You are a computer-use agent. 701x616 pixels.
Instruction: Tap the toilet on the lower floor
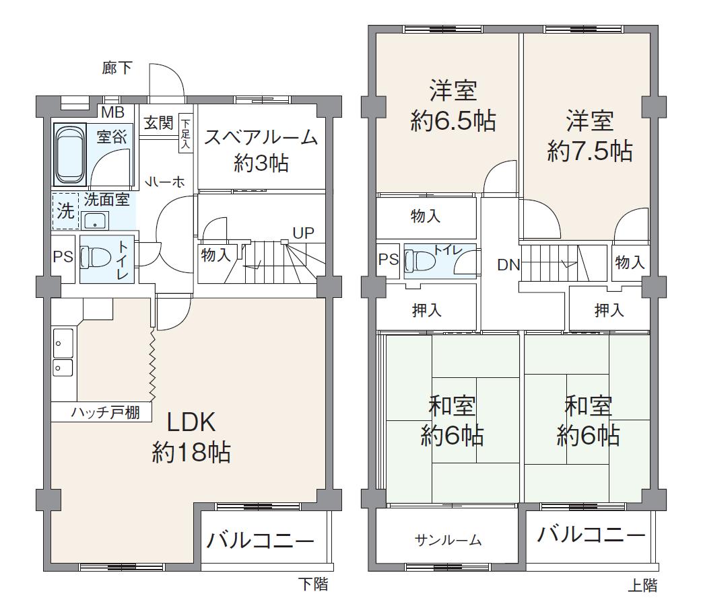point(94,257)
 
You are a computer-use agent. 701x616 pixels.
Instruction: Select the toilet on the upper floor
point(419,261)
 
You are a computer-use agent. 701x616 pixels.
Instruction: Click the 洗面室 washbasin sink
point(96,220)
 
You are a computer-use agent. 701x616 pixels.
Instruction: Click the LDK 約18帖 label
point(191,437)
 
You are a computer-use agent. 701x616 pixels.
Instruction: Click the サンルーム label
point(448,539)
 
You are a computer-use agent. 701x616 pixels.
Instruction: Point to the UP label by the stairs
point(303,233)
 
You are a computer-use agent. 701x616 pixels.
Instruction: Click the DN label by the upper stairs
point(508,265)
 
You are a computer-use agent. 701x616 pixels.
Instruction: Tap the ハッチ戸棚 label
point(106,412)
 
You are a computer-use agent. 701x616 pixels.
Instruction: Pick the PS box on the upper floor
point(389,260)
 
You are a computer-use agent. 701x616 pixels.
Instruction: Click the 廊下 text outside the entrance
point(117,68)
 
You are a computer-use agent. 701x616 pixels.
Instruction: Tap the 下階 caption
point(313,584)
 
